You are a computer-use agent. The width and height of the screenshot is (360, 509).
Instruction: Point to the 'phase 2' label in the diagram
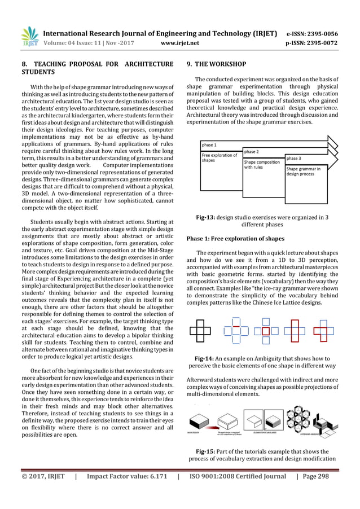click(x=252, y=152)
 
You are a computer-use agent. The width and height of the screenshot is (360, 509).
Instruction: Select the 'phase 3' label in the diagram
click(x=294, y=159)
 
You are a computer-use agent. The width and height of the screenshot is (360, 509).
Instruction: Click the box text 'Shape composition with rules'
click(x=261, y=164)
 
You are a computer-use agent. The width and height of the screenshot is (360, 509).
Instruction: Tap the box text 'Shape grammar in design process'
click(x=304, y=172)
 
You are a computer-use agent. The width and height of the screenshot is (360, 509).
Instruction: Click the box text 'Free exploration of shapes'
click(x=220, y=157)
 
